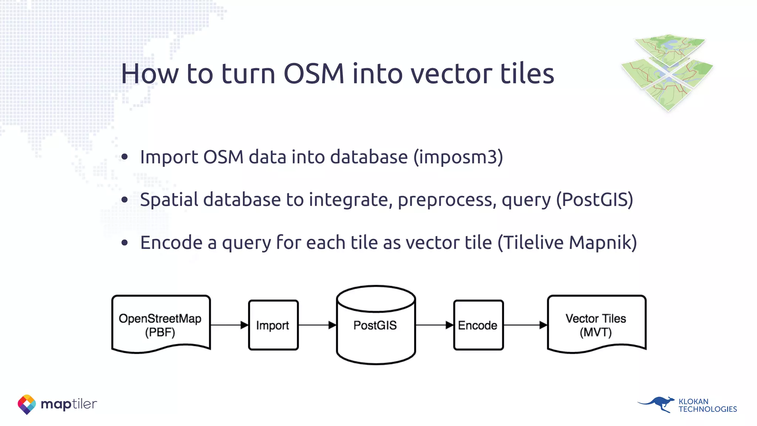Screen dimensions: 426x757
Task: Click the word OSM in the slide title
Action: point(313,74)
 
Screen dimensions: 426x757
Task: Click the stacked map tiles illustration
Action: point(668,72)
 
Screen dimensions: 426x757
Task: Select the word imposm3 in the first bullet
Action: point(458,157)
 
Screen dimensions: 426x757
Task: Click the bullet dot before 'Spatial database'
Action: point(125,200)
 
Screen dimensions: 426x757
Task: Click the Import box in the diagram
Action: point(273,325)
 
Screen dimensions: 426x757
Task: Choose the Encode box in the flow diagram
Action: point(478,325)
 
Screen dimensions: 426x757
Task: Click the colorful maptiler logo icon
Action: point(27,404)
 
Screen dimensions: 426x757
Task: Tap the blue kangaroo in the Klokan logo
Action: point(658,404)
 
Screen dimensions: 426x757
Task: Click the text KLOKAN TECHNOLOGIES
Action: point(707,405)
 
